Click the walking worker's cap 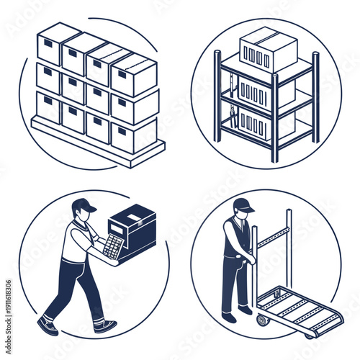coord(84,204)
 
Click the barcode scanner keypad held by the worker coord(112,246)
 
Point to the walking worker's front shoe coord(105,326)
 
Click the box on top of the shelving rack coord(268,49)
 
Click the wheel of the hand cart coord(261,320)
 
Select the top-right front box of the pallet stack coord(134,75)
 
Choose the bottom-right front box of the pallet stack coord(134,135)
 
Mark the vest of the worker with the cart coord(235,238)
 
